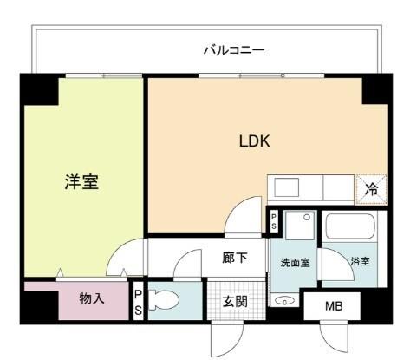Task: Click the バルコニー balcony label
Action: (x=233, y=50)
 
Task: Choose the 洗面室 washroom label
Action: (x=296, y=261)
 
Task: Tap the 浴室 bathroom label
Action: (x=360, y=261)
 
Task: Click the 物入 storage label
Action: (x=92, y=299)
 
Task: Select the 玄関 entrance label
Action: (x=234, y=303)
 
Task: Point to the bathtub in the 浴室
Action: (x=350, y=230)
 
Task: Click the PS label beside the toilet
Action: (x=138, y=304)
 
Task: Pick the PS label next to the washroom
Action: (x=273, y=220)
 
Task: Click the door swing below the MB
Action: (x=333, y=337)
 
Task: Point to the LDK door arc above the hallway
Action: (x=246, y=217)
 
